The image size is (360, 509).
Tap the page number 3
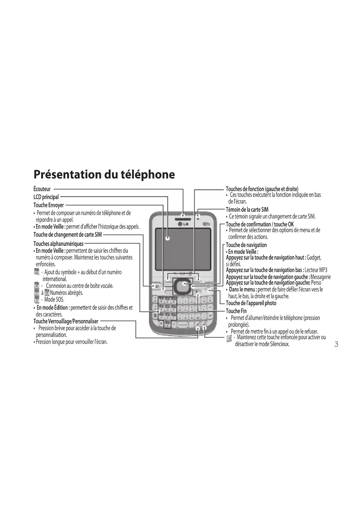[336, 344]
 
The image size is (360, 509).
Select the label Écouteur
[42, 189]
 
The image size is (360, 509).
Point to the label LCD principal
[46, 197]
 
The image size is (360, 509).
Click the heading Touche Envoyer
[48, 205]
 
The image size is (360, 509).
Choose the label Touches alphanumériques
[58, 244]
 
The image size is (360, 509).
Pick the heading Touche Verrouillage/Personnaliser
[66, 321]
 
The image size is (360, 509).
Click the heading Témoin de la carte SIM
[247, 210]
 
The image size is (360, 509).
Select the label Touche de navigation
[246, 245]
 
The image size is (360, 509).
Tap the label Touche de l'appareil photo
[251, 303]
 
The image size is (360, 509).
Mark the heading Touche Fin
[236, 311]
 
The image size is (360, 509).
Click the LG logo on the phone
[183, 224]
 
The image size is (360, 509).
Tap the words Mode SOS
[54, 300]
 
